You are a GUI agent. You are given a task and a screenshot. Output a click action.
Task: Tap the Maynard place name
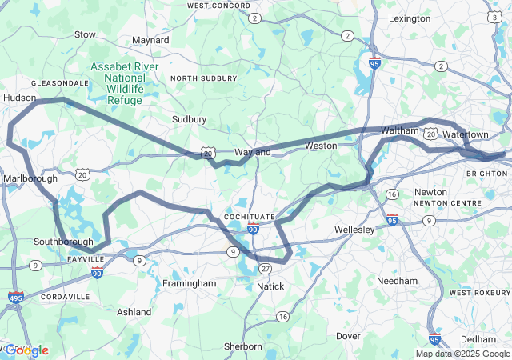point(150,39)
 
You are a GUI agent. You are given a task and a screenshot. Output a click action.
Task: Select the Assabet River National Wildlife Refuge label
point(124,83)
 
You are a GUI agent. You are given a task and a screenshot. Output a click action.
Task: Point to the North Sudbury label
point(204,78)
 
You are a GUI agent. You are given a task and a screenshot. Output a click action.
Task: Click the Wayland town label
point(253,151)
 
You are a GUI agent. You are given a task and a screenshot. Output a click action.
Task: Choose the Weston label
point(321,146)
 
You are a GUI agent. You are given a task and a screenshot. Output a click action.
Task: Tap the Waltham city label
point(399,130)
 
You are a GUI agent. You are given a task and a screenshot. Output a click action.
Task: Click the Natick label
point(270,286)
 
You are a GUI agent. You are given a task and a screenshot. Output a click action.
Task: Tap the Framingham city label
point(190,283)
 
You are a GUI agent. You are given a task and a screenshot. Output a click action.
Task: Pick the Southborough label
point(63,241)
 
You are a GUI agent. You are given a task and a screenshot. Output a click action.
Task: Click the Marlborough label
point(29,178)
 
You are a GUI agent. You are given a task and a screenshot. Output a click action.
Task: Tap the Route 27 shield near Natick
point(266,268)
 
